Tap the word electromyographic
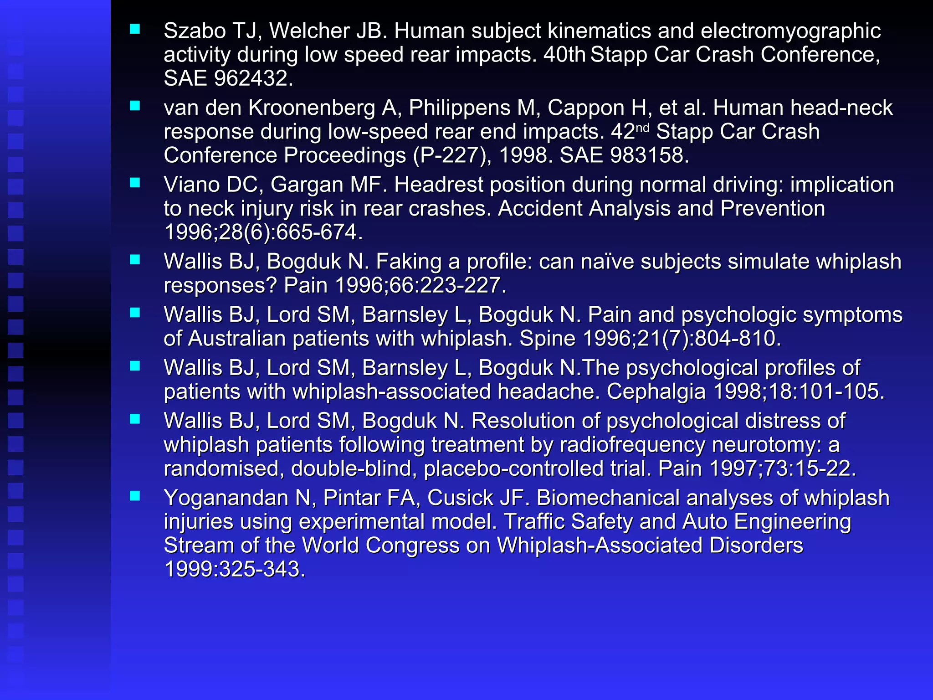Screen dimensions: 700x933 [790, 31]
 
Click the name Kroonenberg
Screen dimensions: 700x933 [312, 108]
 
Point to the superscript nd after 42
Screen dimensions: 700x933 [642, 128]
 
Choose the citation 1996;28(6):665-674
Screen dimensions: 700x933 [263, 232]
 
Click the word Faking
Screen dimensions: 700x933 [408, 262]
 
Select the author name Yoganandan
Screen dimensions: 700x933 [226, 498]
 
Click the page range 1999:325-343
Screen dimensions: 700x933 [234, 569]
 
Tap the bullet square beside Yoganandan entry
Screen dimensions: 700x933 [135, 496]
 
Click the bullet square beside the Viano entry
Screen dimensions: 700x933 [135, 183]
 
